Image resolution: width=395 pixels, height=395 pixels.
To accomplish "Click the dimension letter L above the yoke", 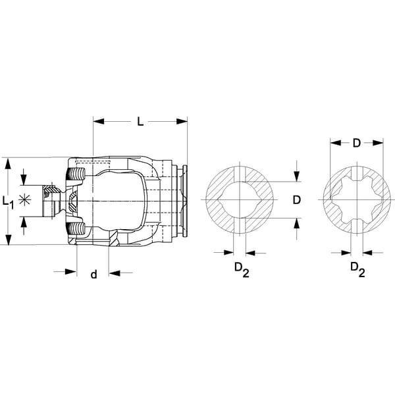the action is pyautogui.click(x=140, y=121).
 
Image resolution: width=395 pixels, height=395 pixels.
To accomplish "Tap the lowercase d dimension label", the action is pyautogui.click(x=93, y=274).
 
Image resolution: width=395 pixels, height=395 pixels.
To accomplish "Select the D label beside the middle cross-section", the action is pyautogui.click(x=297, y=200).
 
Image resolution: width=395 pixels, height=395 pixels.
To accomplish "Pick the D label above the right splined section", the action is pyautogui.click(x=356, y=143).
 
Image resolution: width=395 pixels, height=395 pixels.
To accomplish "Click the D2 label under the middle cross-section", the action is pyautogui.click(x=242, y=269).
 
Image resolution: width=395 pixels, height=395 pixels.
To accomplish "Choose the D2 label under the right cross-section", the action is pyautogui.click(x=357, y=269).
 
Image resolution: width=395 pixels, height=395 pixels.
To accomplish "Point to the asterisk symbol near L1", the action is pyautogui.click(x=24, y=200).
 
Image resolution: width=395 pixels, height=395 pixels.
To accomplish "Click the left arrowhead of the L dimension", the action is pyautogui.click(x=99, y=121).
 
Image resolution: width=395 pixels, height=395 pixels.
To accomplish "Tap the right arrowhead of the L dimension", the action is pyautogui.click(x=182, y=121).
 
